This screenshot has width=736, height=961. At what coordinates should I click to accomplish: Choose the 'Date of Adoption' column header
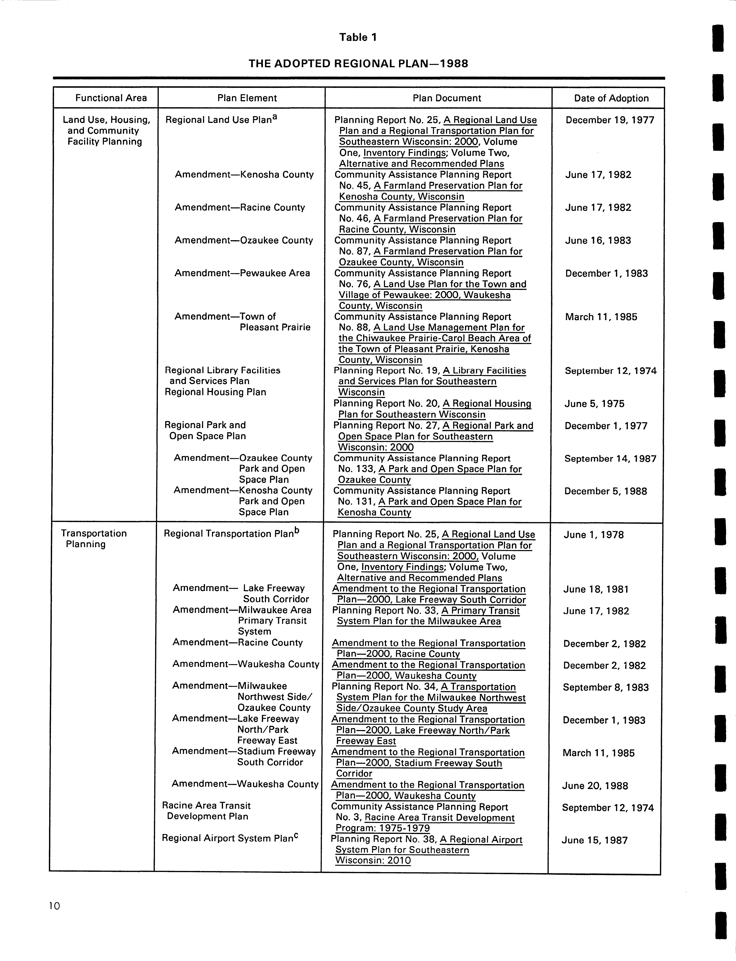coord(611,98)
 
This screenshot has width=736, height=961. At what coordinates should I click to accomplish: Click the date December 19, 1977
coord(610,120)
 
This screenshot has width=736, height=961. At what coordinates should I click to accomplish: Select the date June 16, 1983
coord(598,241)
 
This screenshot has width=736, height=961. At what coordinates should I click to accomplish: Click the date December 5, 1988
coord(605,491)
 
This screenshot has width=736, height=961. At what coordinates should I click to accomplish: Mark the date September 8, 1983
coord(605,687)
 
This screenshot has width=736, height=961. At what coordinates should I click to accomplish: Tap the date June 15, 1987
coord(595,840)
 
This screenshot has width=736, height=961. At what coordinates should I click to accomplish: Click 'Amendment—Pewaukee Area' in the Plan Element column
coord(242,273)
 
